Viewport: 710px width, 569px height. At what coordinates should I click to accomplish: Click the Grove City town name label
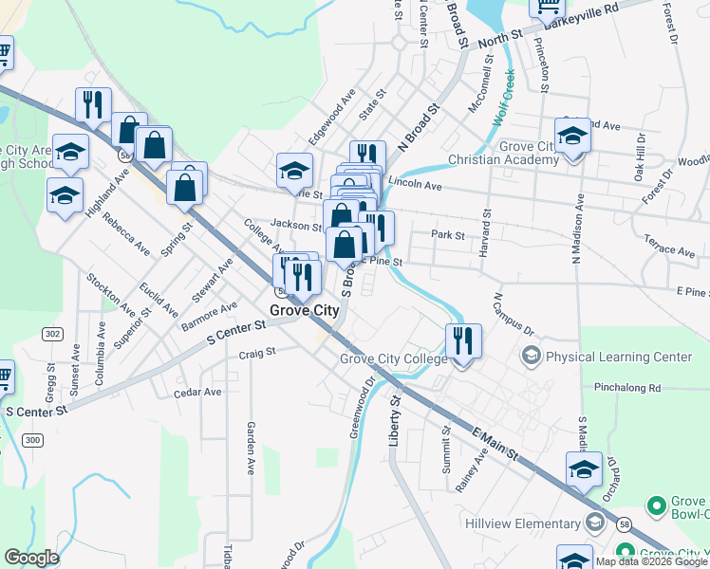click(x=305, y=310)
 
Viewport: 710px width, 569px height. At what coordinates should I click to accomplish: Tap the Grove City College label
click(x=393, y=359)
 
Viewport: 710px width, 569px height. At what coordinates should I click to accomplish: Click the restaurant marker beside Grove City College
click(x=463, y=341)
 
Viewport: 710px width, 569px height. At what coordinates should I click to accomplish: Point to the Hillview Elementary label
click(x=522, y=523)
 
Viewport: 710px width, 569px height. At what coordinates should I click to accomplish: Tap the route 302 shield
click(x=51, y=334)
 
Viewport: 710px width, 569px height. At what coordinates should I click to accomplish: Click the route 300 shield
click(x=33, y=440)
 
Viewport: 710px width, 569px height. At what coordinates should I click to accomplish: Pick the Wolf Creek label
click(x=504, y=99)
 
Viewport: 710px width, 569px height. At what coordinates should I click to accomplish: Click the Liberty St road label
click(x=397, y=421)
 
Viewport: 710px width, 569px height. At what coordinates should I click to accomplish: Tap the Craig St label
click(x=256, y=352)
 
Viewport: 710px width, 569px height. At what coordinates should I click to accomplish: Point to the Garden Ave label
click(x=252, y=448)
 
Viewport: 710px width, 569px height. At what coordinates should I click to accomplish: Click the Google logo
click(x=31, y=558)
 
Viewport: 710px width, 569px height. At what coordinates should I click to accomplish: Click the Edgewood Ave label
click(x=331, y=112)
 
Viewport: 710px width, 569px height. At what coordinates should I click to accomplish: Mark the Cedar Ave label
click(x=197, y=392)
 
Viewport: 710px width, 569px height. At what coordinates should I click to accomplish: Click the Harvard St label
click(x=487, y=232)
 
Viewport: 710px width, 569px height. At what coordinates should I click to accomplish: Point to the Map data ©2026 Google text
click(x=651, y=561)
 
